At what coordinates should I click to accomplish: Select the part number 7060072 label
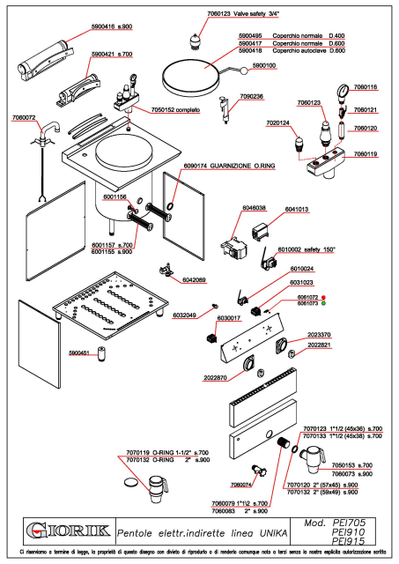(x=25, y=117)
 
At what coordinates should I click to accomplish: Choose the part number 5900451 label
(x=81, y=352)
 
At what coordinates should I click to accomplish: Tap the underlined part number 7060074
(x=241, y=484)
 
